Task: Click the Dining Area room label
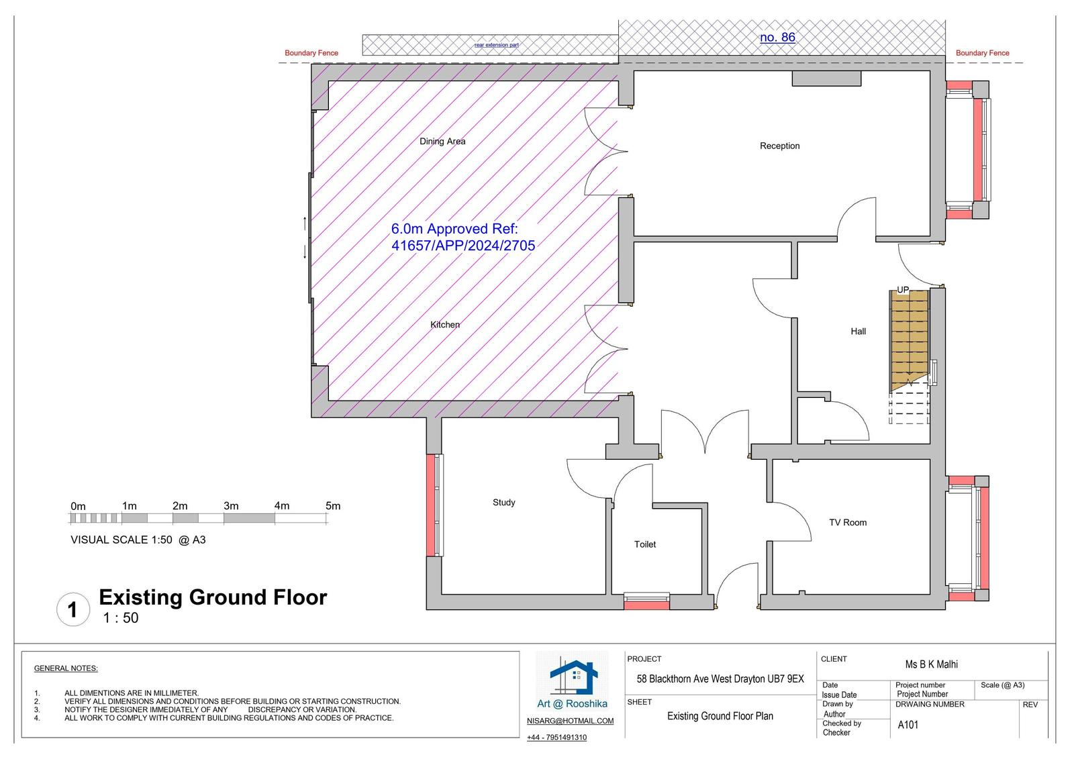pos(442,142)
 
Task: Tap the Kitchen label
pos(445,325)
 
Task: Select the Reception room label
pos(779,146)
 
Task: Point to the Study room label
pos(504,503)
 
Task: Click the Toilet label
pos(645,544)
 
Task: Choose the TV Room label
pos(848,523)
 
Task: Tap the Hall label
pos(859,332)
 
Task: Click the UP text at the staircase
pos(903,290)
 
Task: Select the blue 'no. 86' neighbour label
pos(777,38)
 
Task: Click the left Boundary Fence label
pos(311,53)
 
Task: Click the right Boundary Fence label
pos(983,53)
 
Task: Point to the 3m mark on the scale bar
pos(231,506)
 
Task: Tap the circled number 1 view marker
pos(73,609)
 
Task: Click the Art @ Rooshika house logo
pos(573,678)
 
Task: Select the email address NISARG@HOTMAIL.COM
pos(570,721)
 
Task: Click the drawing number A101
pos(908,725)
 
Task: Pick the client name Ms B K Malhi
pos(931,664)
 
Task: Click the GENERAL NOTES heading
pos(66,668)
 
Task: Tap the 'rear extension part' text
pos(496,45)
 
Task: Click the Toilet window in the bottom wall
pos(646,601)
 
